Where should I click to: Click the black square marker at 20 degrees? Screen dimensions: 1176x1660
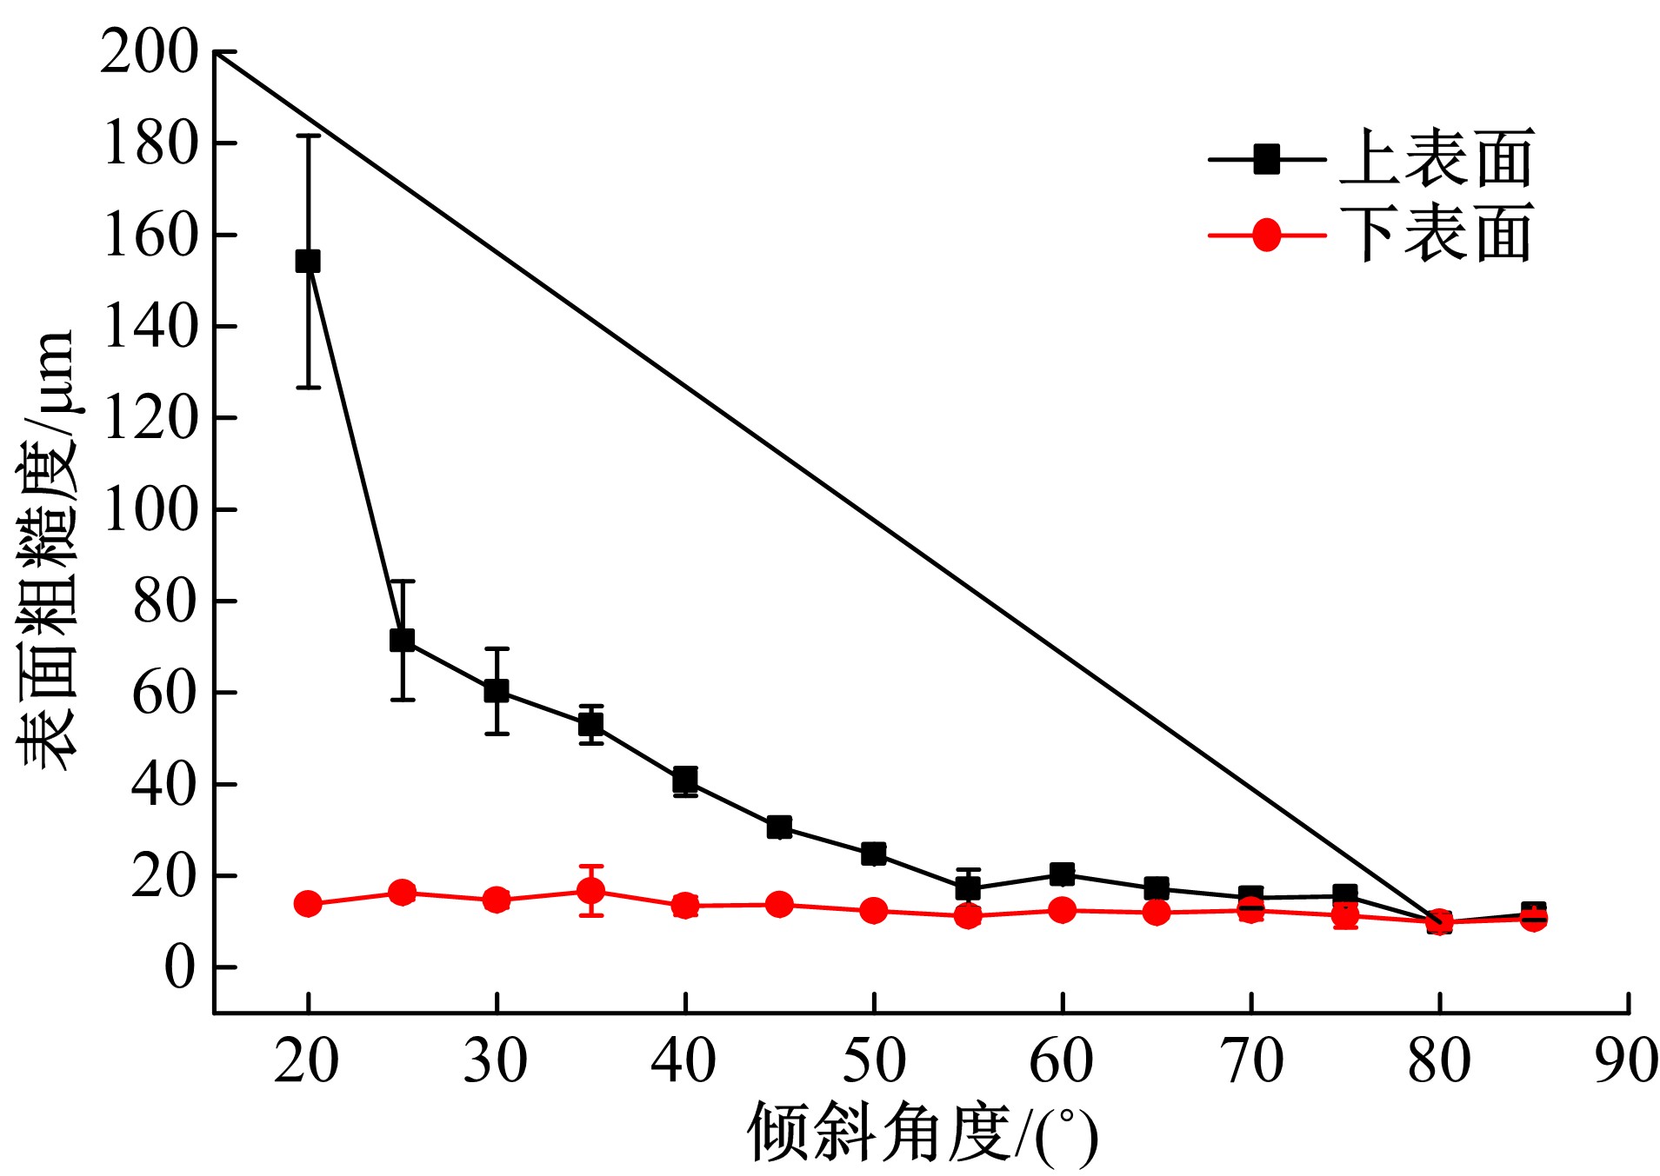(x=308, y=261)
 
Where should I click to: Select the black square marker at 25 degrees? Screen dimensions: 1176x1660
(x=402, y=641)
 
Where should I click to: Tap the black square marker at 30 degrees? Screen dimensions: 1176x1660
(x=497, y=691)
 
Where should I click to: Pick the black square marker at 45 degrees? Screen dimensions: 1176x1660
(x=779, y=827)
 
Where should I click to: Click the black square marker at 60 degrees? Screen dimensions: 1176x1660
(x=1062, y=874)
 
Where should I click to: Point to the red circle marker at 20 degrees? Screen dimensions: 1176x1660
(x=308, y=904)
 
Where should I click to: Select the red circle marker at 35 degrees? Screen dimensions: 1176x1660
(x=591, y=891)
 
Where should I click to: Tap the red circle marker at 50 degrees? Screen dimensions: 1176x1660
(x=874, y=911)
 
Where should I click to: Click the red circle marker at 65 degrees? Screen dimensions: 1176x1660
(x=1157, y=912)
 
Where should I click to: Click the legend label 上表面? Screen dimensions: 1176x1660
(x=1436, y=159)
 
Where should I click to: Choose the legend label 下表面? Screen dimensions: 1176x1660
(x=1436, y=235)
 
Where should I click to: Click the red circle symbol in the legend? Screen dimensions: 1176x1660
(x=1267, y=235)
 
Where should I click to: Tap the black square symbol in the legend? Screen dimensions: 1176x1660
(x=1267, y=159)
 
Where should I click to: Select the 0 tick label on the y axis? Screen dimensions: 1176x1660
(x=180, y=967)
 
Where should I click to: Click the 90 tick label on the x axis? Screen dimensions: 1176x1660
(x=1626, y=1061)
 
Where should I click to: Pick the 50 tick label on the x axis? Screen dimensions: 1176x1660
(x=874, y=1061)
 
